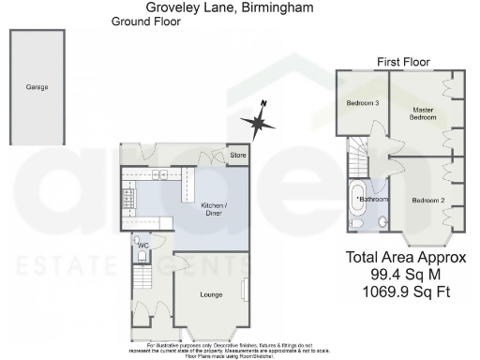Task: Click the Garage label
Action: pyautogui.click(x=37, y=87)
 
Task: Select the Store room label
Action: pyautogui.click(x=238, y=156)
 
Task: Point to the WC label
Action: pyautogui.click(x=143, y=246)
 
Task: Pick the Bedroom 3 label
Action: pyautogui.click(x=362, y=102)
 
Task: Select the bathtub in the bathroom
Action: pyautogui.click(x=356, y=203)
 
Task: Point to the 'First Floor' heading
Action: pyautogui.click(x=403, y=62)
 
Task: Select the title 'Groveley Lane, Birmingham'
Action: pyautogui.click(x=230, y=7)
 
